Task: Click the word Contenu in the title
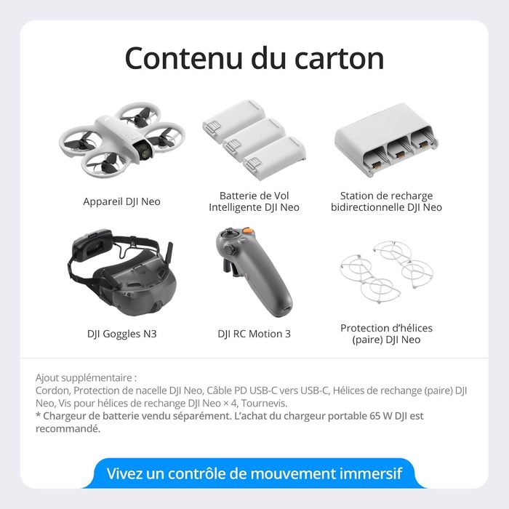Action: pyautogui.click(x=185, y=58)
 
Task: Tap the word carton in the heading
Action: pyautogui.click(x=340, y=59)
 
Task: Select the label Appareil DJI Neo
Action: pyautogui.click(x=121, y=201)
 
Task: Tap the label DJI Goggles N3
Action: pyautogui.click(x=121, y=334)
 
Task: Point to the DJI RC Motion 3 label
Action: pyautogui.click(x=254, y=334)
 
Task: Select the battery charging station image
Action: pyautogui.click(x=385, y=140)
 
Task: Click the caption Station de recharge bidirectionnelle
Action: pyautogui.click(x=386, y=201)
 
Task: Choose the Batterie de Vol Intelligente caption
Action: pyautogui.click(x=254, y=201)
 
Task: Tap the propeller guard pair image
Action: pyautogui.click(x=386, y=272)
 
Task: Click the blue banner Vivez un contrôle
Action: pyautogui.click(x=254, y=473)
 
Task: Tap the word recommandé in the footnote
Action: pyautogui.click(x=67, y=428)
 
